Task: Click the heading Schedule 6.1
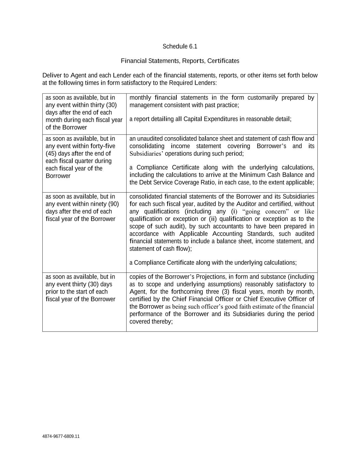180,46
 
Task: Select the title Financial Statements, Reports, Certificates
180,61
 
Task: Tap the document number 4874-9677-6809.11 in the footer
61,436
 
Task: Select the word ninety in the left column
99,204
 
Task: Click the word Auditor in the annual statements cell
245,204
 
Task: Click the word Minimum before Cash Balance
254,175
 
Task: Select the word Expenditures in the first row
220,119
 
